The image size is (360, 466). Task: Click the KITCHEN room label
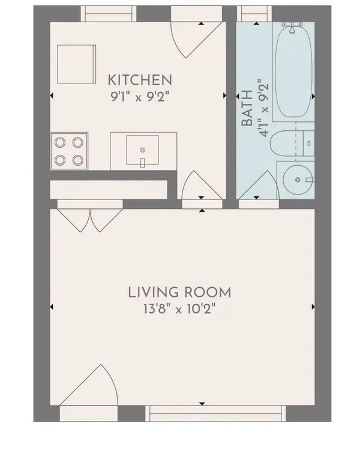(140, 79)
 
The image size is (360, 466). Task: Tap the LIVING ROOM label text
(179, 293)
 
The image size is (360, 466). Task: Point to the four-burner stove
(68, 151)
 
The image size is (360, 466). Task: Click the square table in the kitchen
(76, 64)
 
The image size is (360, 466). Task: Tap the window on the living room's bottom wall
(215, 413)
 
